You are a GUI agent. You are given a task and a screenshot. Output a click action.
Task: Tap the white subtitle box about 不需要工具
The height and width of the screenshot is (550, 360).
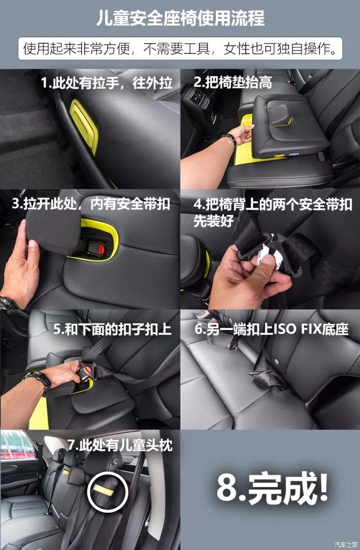pyautogui.click(x=180, y=49)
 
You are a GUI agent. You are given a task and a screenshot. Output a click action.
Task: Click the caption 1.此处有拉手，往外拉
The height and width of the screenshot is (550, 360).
pyautogui.click(x=106, y=83)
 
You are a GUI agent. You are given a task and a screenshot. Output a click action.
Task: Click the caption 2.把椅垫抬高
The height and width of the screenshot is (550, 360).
pyautogui.click(x=232, y=82)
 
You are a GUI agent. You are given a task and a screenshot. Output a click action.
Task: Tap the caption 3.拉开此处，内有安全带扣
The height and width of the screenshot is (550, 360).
pyautogui.click(x=91, y=204)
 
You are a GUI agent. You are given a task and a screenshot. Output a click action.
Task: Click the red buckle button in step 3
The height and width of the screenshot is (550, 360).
pyautogui.click(x=103, y=250)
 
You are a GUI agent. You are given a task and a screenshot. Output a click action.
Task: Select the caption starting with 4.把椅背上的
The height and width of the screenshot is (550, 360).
pyautogui.click(x=273, y=212)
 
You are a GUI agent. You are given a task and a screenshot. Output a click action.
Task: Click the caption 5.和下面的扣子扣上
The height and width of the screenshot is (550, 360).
pyautogui.click(x=113, y=329)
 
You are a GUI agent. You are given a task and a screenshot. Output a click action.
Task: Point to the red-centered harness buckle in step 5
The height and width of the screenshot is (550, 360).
pyautogui.click(x=88, y=370)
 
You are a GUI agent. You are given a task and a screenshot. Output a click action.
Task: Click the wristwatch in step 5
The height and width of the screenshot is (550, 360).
pyautogui.click(x=39, y=380)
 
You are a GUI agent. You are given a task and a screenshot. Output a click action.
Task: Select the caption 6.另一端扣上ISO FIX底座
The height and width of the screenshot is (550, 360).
pyautogui.click(x=271, y=329)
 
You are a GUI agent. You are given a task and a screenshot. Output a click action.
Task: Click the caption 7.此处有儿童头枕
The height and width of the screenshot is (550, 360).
pyautogui.click(x=120, y=445)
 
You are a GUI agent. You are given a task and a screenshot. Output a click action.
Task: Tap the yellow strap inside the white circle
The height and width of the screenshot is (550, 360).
pyautogui.click(x=103, y=489)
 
